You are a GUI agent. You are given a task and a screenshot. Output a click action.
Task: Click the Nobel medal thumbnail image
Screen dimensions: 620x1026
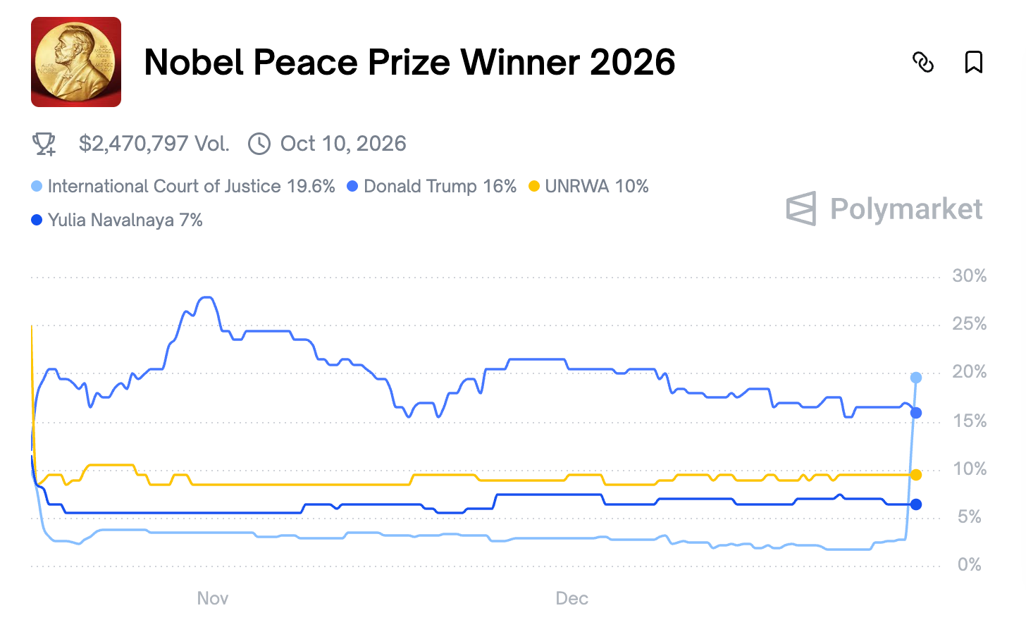click(76, 62)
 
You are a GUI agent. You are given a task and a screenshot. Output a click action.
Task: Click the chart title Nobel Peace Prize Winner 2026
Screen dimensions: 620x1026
click(409, 62)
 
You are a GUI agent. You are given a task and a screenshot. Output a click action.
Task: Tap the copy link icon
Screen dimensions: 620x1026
click(923, 62)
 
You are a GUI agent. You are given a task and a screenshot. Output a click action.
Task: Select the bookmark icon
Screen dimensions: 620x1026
click(973, 62)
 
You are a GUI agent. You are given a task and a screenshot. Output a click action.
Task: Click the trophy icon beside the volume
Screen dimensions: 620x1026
click(44, 144)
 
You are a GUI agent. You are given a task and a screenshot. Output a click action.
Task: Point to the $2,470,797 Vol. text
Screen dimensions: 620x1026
click(154, 144)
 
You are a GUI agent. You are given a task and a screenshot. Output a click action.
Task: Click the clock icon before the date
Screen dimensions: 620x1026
click(259, 144)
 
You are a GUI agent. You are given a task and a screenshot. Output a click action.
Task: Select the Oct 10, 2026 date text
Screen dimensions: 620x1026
click(343, 144)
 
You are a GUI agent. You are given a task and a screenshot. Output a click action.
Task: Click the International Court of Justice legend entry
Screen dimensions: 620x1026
click(183, 186)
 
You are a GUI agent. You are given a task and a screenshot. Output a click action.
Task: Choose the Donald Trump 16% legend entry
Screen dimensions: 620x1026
click(432, 186)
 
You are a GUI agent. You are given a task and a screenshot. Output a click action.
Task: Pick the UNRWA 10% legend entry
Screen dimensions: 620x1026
click(588, 186)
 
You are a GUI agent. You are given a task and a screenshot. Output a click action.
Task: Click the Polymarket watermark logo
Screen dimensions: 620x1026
click(884, 209)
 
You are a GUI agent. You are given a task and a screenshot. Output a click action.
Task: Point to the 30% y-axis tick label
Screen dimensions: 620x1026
click(969, 276)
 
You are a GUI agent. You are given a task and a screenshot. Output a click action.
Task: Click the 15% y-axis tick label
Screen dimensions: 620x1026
click(969, 421)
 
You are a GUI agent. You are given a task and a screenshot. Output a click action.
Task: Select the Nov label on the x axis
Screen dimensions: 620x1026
click(212, 598)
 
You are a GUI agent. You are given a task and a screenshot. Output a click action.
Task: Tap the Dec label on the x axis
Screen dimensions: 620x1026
click(571, 598)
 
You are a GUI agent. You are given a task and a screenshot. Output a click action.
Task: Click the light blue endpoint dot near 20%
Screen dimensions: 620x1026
click(916, 378)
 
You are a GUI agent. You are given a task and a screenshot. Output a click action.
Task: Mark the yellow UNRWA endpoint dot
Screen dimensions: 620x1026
click(916, 475)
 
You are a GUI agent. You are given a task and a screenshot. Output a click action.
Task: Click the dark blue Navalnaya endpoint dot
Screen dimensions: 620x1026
click(916, 504)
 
